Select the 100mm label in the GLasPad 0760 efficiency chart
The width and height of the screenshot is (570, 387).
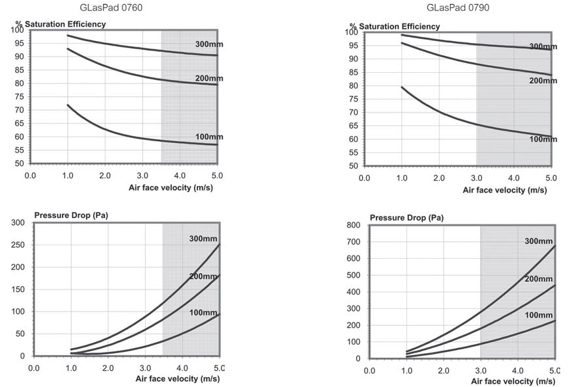coord(208,137)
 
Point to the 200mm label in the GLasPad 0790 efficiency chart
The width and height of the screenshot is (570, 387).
coord(543,81)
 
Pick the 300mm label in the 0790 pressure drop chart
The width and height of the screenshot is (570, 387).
coord(539,241)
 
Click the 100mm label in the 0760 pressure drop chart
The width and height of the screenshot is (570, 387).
coord(203,313)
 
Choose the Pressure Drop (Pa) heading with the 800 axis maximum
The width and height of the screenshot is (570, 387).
coord(406,218)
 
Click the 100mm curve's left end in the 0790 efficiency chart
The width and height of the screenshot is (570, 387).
coord(402,87)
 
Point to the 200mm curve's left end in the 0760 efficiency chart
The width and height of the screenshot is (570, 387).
coord(68,49)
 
